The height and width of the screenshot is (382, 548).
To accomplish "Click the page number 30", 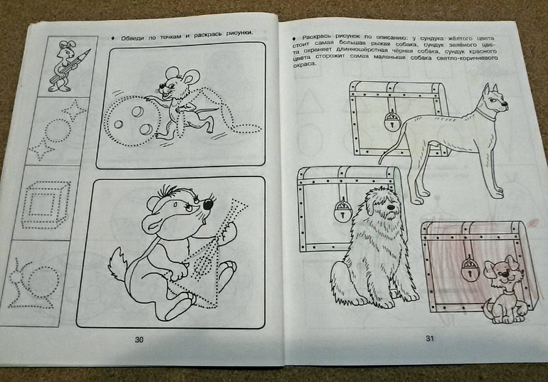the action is pos(139,339).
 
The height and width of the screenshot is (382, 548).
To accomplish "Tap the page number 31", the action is pos(430,338).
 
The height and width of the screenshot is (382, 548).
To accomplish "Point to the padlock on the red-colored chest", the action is pos(468,269).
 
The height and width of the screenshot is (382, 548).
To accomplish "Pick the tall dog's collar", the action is pos(485,115).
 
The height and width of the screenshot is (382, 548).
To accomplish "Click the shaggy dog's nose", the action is pos(391,207).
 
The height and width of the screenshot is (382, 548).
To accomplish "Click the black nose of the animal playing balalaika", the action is pos(209,204).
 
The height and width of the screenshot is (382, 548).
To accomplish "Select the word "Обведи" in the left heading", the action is pos(132,38).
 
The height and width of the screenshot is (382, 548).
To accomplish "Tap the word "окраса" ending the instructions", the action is pos(304,64).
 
